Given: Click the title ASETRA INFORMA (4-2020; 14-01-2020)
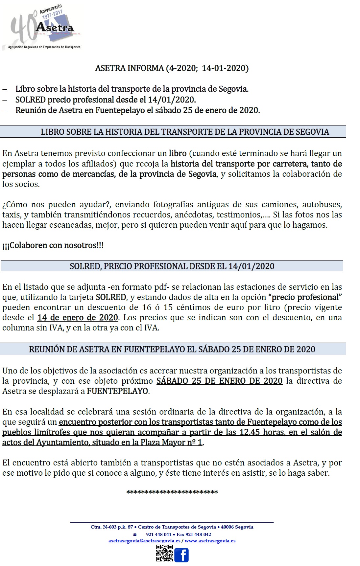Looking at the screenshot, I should point(172,68).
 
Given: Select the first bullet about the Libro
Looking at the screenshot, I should point(132,89).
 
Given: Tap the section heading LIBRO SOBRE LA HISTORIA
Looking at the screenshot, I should point(184,132).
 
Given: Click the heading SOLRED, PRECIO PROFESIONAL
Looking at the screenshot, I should point(172,266).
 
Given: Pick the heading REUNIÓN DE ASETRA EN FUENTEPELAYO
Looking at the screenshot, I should point(172,349).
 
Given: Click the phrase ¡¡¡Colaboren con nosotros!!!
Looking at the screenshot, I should point(53,245).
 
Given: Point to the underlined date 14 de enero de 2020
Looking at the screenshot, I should point(78,318).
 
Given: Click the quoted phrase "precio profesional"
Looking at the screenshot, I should point(305,297).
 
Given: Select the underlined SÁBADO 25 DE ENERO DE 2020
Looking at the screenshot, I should point(219,381).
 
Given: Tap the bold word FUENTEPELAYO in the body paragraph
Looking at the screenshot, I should point(118,391).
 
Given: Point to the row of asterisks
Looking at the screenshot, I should point(172,492).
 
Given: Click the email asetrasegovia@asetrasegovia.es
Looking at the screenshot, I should point(144,541).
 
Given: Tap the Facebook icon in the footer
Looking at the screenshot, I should point(181,555).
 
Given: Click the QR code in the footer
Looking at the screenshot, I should point(164,553).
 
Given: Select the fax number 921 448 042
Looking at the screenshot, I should point(198,534).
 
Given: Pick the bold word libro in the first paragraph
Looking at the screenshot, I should point(178,153).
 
